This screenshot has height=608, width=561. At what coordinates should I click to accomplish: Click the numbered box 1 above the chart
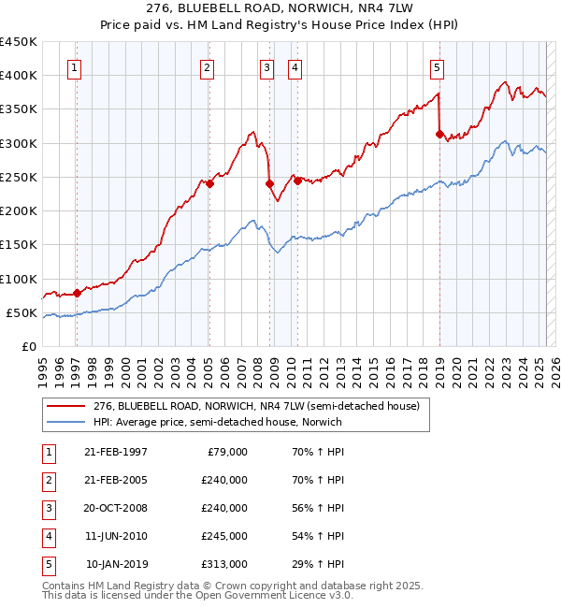(x=73, y=67)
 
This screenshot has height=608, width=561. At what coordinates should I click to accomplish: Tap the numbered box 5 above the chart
(x=437, y=67)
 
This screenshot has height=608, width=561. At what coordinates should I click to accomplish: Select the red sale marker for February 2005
(x=209, y=183)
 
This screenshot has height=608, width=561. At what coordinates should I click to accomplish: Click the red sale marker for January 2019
(x=439, y=134)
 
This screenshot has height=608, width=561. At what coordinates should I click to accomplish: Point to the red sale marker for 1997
(x=77, y=293)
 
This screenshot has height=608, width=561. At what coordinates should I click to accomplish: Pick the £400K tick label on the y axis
(x=19, y=76)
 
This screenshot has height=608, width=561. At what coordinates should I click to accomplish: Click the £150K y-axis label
(x=19, y=245)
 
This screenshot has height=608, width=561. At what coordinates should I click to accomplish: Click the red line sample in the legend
(x=66, y=406)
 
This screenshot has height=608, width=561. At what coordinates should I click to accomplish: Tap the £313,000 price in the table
(x=224, y=564)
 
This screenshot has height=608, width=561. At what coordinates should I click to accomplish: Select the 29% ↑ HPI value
(x=318, y=564)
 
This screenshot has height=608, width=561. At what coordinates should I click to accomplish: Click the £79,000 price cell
(x=227, y=452)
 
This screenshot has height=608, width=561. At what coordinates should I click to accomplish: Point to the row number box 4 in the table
(x=47, y=536)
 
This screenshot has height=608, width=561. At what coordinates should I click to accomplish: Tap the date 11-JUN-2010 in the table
(x=115, y=536)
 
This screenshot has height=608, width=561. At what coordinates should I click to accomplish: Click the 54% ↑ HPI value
(x=318, y=536)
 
